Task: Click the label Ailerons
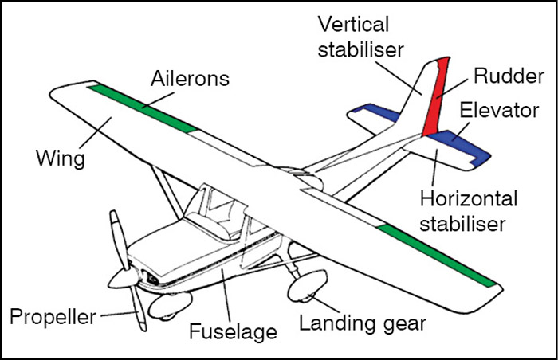click(191, 79)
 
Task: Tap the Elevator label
click(504, 110)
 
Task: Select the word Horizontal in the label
click(467, 198)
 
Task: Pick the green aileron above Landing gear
click(438, 256)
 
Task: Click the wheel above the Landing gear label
click(308, 286)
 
